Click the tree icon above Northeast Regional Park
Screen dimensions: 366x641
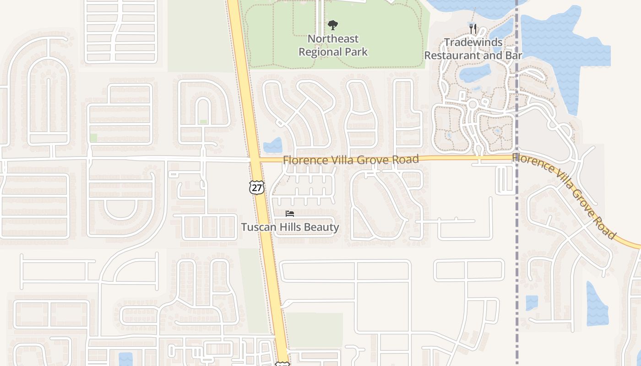[333, 26]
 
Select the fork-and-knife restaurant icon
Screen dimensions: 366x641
[473, 29]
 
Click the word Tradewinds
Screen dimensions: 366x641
[473, 42]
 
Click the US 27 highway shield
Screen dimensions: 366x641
[257, 187]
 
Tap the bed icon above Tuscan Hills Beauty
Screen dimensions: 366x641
[289, 213]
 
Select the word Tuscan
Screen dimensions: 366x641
[257, 227]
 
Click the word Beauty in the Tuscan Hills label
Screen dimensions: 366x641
[323, 227]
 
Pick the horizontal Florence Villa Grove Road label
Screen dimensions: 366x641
[351, 160]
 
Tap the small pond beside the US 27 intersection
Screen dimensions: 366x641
[273, 145]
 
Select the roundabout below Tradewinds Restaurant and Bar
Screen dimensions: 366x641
[473, 104]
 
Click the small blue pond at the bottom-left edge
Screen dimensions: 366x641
[125, 359]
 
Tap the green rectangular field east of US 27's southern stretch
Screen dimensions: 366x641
[315, 329]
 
